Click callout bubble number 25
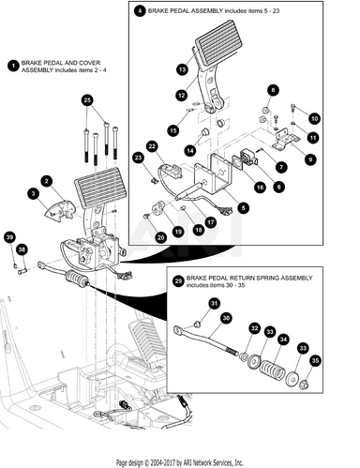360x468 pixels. (87, 100)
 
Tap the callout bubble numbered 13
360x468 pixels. (183, 69)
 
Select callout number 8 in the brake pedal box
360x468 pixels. (274, 90)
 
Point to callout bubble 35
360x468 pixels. (316, 361)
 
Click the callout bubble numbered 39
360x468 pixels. (9, 237)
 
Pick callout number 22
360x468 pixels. (152, 146)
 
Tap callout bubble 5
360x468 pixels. (243, 207)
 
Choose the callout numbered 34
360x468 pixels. (283, 340)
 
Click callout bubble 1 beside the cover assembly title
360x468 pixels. (13, 66)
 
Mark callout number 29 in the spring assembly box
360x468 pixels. (178, 281)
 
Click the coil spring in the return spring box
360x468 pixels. (272, 369)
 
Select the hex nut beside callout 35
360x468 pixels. (304, 385)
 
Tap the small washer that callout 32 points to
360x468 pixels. (243, 356)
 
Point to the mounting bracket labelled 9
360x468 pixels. (285, 138)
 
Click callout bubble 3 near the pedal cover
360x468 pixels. (34, 194)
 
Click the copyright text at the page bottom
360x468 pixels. (180, 462)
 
